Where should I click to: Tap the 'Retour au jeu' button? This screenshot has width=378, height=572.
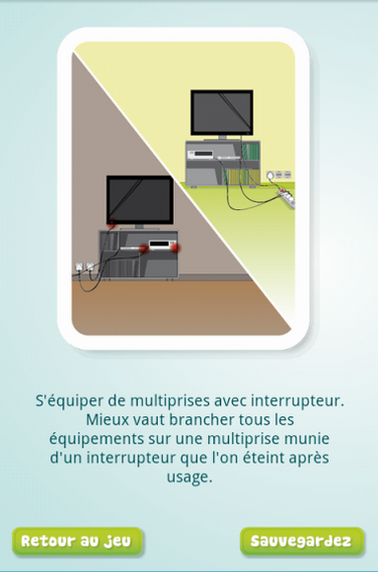pos(77,541)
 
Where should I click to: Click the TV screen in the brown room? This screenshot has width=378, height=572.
pos(140,199)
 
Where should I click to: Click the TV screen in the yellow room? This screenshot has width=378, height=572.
pos(222,112)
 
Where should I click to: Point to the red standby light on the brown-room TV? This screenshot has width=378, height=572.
pos(113,222)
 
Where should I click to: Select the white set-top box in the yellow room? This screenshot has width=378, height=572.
pos(200,154)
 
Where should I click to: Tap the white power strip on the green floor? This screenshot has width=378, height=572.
pos(286,196)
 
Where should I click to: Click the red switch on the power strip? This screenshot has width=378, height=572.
pos(282,191)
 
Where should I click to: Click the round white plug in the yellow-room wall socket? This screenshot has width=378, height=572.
pos(270,176)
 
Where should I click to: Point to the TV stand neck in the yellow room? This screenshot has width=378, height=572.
pos(222,137)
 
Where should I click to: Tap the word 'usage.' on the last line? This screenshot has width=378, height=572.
pos(189,477)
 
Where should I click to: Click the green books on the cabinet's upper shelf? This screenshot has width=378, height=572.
pos(250,152)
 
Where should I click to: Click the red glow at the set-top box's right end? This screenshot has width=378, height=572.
pos(176,249)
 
